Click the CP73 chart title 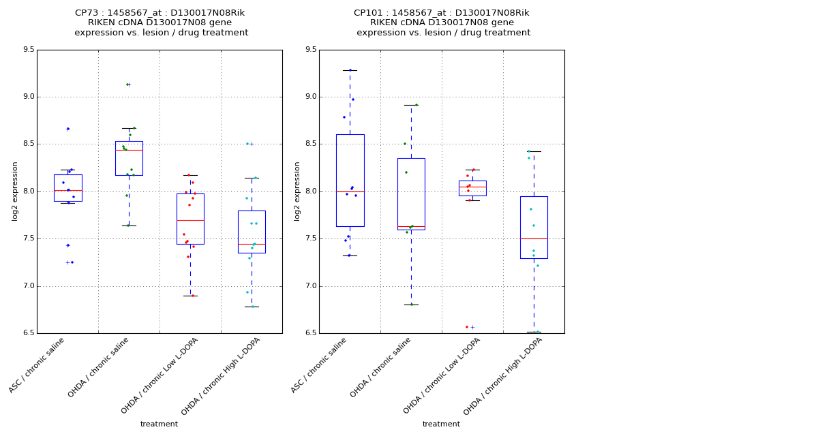coord(161,22)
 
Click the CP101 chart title coord(442,22)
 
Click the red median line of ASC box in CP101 coord(350,191)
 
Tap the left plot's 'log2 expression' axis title coord(15,191)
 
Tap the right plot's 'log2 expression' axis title coord(297,191)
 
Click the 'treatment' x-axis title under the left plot coord(159,424)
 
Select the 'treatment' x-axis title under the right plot coord(441,424)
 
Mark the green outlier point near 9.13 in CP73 coord(127,84)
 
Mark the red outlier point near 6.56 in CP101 coord(467,327)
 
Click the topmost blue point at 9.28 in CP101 coord(350,70)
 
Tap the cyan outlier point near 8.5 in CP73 coord(247,144)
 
